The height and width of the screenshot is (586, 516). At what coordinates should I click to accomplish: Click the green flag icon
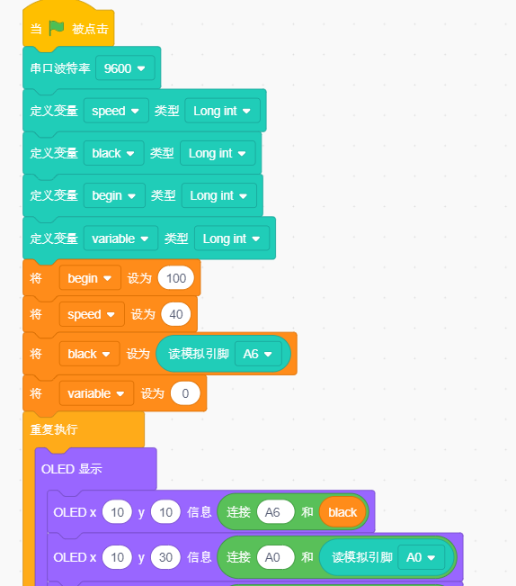point(57,29)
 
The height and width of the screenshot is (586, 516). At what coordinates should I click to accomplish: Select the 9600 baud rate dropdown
point(125,68)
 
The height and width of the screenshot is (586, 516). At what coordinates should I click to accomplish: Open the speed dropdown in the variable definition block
point(116,111)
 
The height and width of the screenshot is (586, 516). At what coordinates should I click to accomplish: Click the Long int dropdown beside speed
point(222,111)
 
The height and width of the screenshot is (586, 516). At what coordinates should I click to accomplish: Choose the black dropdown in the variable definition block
point(114,153)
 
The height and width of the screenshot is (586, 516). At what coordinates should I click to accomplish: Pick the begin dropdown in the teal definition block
point(114,195)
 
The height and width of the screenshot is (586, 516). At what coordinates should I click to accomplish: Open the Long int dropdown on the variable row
point(232,239)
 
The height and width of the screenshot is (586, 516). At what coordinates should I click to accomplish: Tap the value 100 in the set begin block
point(175,278)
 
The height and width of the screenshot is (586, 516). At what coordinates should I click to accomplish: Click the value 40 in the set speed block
point(175,314)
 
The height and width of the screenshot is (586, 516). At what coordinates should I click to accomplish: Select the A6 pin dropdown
point(258,354)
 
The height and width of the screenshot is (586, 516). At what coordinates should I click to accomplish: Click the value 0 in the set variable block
point(185,393)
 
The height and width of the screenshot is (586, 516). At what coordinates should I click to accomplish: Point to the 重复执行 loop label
point(54,429)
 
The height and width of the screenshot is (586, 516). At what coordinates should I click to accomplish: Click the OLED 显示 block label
point(71,469)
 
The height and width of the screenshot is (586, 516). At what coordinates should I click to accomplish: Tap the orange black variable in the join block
point(343,512)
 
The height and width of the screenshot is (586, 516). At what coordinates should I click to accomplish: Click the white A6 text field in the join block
point(275,512)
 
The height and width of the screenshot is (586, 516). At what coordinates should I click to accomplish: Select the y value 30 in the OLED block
point(165,557)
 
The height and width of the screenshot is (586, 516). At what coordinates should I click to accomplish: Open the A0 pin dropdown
point(422,557)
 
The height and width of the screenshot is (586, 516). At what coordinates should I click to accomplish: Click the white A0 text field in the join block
point(275,557)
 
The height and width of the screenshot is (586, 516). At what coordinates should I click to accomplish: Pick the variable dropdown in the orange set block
point(96,393)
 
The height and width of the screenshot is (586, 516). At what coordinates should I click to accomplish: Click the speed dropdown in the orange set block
point(92,314)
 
